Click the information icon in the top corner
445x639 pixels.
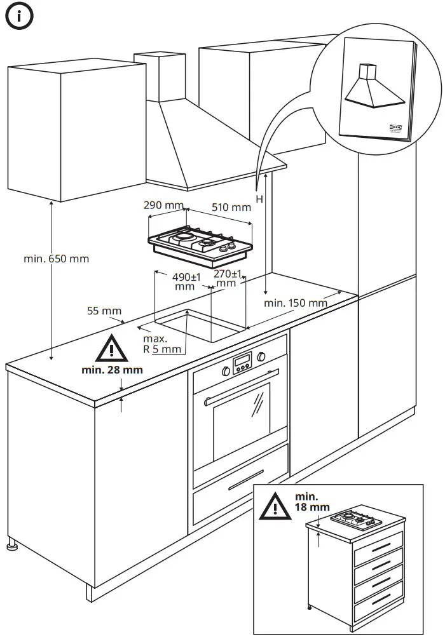tap(20, 17)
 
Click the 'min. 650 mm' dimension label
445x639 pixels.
tap(56, 259)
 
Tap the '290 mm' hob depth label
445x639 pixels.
tap(163, 206)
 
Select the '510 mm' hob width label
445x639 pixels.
tap(231, 207)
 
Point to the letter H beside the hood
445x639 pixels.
tap(259, 199)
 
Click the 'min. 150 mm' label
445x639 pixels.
tap(295, 302)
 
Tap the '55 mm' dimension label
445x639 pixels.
tap(104, 311)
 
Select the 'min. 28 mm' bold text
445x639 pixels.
tap(112, 370)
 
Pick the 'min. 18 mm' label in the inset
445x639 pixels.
tap(311, 501)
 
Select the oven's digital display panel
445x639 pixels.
tap(242, 363)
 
